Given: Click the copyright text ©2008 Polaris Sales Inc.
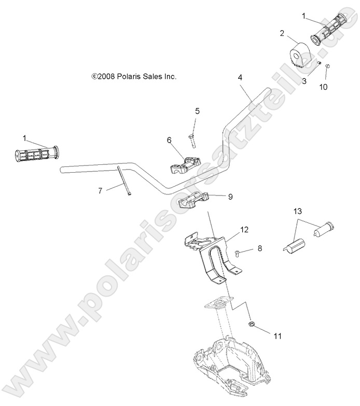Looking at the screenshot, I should coord(134,76).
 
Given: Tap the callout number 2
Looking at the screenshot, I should coord(282,33).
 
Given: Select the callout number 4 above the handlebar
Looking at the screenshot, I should coord(240,77).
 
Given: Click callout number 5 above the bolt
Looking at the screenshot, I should coord(197,111).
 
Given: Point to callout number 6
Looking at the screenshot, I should coord(169,140).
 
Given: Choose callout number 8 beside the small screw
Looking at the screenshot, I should coord(260,248).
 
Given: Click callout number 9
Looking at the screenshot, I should coord(230,196).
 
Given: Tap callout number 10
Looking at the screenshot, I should coord(323,87).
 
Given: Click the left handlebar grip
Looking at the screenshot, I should coord(36,155).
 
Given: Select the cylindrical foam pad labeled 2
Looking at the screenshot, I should coord(299,54).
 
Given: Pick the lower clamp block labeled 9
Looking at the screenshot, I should coord(193,200).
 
